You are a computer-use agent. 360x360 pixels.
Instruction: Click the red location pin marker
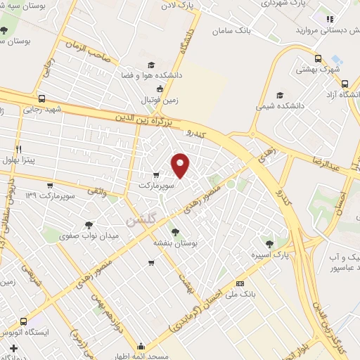click(x=181, y=165)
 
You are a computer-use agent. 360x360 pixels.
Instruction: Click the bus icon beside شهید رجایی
click(x=42, y=99)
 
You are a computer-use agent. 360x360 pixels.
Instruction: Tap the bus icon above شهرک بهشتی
click(x=318, y=59)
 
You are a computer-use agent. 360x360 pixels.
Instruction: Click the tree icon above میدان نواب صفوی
click(x=89, y=224)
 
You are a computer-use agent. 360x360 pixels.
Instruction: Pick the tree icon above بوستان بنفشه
click(x=174, y=230)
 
